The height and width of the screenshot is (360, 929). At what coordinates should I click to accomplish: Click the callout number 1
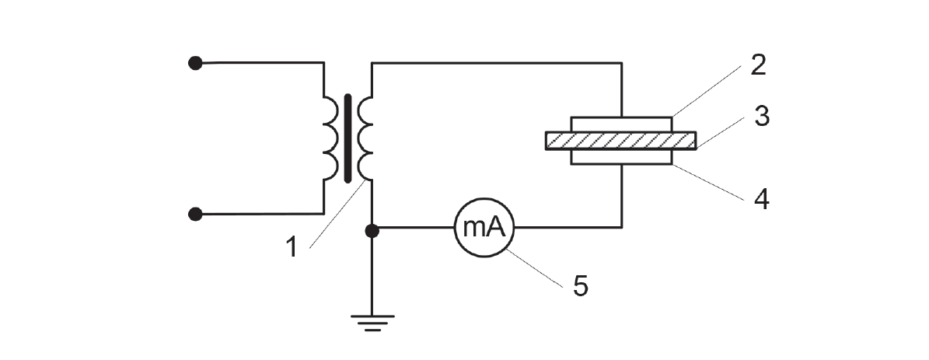291,247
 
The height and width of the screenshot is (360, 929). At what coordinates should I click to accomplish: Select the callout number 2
758,65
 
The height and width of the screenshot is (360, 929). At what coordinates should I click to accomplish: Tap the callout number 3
761,116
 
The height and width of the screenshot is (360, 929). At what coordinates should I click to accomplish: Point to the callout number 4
761,200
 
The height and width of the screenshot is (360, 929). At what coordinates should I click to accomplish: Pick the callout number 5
580,286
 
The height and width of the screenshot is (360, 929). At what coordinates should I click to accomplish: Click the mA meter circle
484,227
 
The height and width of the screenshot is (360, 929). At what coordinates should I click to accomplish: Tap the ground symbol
372,323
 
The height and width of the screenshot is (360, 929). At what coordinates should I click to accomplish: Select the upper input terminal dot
195,63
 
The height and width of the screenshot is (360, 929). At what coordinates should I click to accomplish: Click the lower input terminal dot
195,214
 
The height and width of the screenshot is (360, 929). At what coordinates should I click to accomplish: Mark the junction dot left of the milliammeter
372,231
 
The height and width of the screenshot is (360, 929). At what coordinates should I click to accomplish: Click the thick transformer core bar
348,138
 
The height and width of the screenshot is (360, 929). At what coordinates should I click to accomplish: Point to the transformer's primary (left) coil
332,138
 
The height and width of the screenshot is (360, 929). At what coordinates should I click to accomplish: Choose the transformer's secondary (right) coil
365,138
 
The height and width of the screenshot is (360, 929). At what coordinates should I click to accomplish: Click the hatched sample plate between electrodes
620,140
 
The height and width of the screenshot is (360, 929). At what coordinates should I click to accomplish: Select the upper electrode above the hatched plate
621,124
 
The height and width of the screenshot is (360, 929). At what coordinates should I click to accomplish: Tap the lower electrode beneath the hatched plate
621,157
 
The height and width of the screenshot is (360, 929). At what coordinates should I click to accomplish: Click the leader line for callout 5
534,267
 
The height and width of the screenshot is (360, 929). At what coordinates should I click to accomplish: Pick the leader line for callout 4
708,183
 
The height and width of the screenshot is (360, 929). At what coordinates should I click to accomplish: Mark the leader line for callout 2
706,91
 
